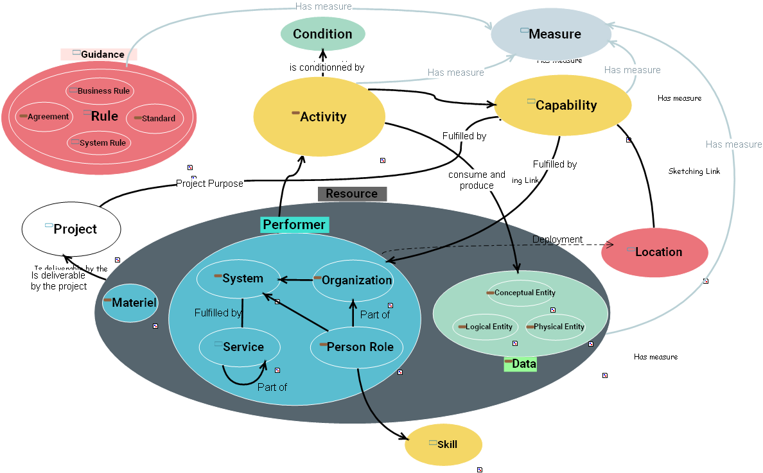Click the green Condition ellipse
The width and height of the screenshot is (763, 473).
tap(322, 34)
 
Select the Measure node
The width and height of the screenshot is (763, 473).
tap(550, 34)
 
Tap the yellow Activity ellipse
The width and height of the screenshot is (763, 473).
tap(319, 117)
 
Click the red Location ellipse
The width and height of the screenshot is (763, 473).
tap(654, 252)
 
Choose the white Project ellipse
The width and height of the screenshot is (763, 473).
tap(71, 229)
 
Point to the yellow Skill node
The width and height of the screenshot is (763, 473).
tap(443, 444)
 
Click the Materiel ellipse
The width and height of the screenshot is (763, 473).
tap(130, 302)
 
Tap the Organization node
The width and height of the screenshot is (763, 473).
tap(353, 280)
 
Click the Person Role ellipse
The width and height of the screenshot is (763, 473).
tap(356, 347)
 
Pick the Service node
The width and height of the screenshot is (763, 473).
tap(240, 347)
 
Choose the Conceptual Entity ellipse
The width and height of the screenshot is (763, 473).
tap(520, 293)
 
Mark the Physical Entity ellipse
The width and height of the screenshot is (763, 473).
tap(556, 327)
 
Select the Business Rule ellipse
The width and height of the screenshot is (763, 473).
tap(100, 91)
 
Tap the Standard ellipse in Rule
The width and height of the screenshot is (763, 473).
tap(155, 118)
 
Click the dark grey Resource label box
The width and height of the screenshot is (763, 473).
tap(352, 194)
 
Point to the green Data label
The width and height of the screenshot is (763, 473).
tap(520, 364)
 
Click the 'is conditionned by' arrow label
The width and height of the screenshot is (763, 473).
tap(327, 67)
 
